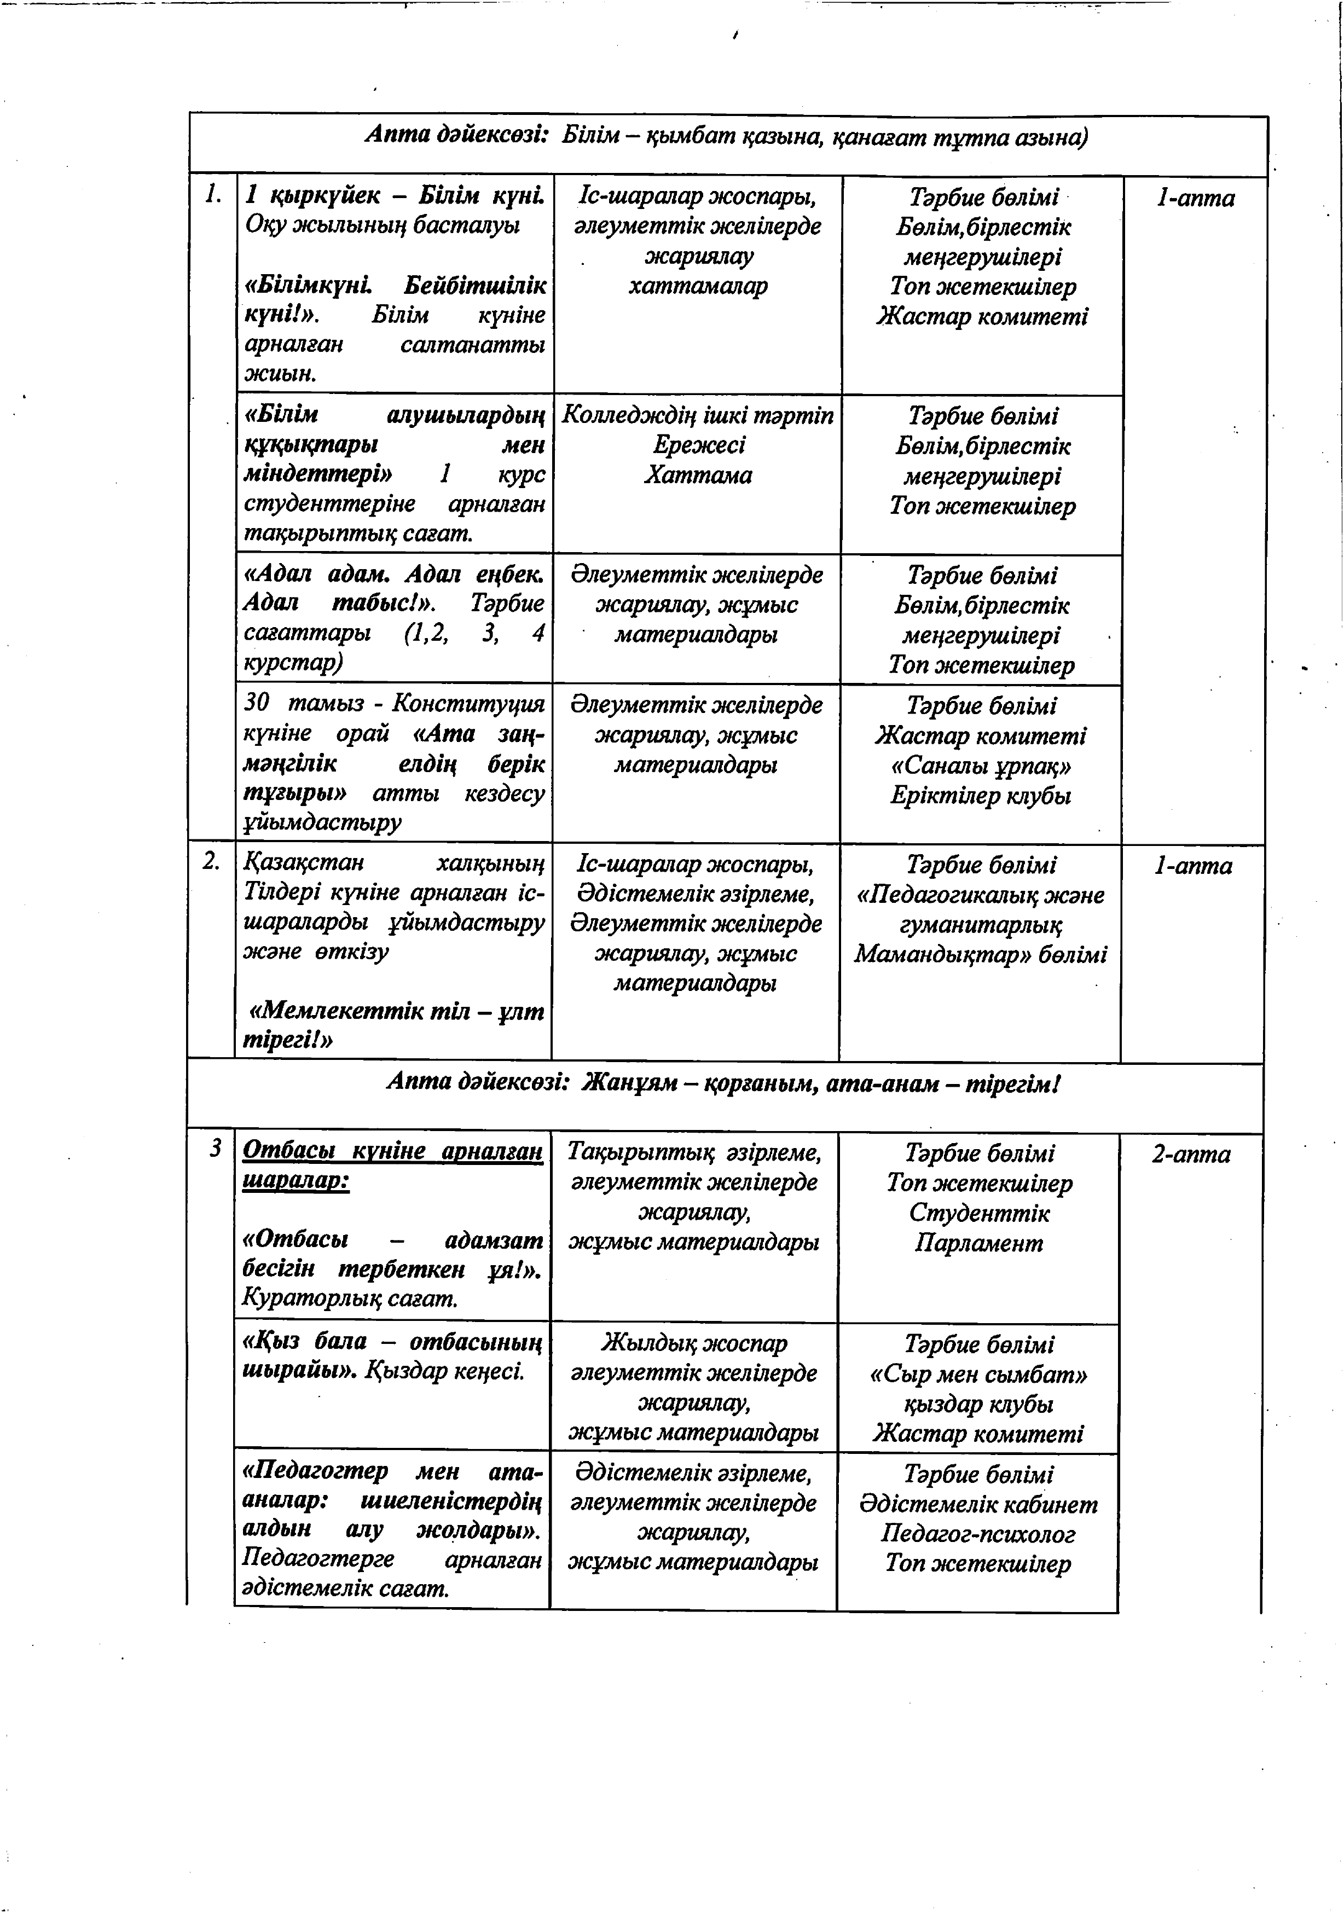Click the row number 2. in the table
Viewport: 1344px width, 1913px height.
pos(212,861)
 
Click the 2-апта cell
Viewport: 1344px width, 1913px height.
pos(1191,1155)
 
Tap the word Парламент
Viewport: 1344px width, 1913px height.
pos(978,1243)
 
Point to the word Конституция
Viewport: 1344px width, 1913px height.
pos(468,704)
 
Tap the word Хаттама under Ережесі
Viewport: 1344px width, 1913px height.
pos(698,475)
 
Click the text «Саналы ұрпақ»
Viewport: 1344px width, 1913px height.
pos(981,766)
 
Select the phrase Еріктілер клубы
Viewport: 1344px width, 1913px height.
pos(980,796)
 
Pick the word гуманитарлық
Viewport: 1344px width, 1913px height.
pos(981,925)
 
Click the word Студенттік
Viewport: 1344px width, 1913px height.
pos(979,1213)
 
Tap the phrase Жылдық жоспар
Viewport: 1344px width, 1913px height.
pos(693,1343)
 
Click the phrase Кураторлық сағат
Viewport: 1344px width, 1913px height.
pos(350,1298)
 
